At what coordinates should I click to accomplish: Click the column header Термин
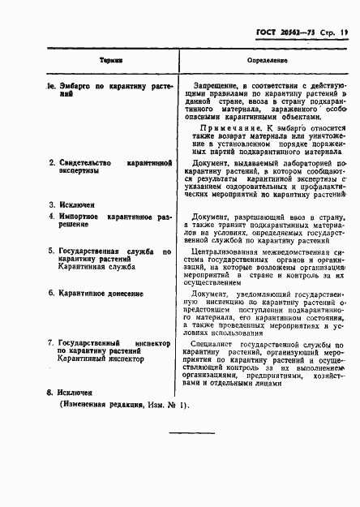coord(110,61)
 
